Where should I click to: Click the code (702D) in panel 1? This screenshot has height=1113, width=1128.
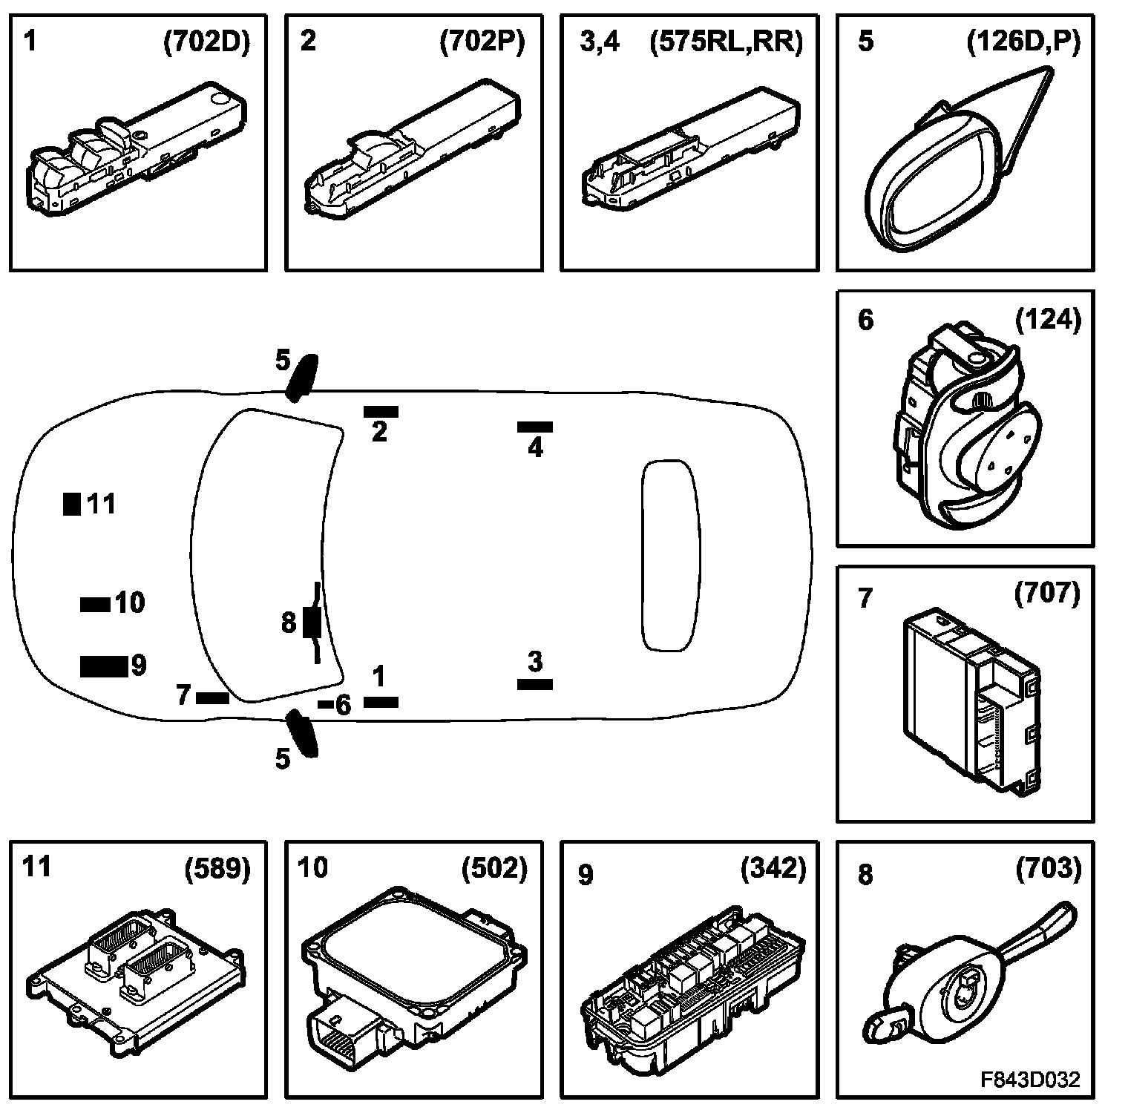(x=206, y=42)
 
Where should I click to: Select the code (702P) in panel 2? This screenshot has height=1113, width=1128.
(x=482, y=42)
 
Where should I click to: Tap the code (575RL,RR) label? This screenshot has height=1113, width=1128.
(x=726, y=42)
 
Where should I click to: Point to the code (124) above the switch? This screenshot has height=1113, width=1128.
(x=1048, y=320)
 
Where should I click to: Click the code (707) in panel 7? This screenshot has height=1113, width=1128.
(x=1047, y=594)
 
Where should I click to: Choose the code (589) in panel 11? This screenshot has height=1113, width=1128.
(x=217, y=868)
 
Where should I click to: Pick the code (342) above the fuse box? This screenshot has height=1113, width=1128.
(x=773, y=868)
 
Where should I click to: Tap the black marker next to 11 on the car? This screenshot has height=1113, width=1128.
(x=71, y=504)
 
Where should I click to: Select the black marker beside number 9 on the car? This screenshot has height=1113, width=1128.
(x=102, y=666)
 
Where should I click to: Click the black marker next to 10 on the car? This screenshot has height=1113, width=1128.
(x=95, y=604)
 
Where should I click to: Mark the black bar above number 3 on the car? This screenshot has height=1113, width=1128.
(x=535, y=684)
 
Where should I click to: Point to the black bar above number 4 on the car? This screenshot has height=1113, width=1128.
(x=535, y=427)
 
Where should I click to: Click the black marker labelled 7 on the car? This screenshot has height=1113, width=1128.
(x=212, y=697)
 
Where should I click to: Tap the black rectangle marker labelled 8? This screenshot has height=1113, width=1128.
(x=311, y=622)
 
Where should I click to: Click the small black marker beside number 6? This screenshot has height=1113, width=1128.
(x=325, y=703)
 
